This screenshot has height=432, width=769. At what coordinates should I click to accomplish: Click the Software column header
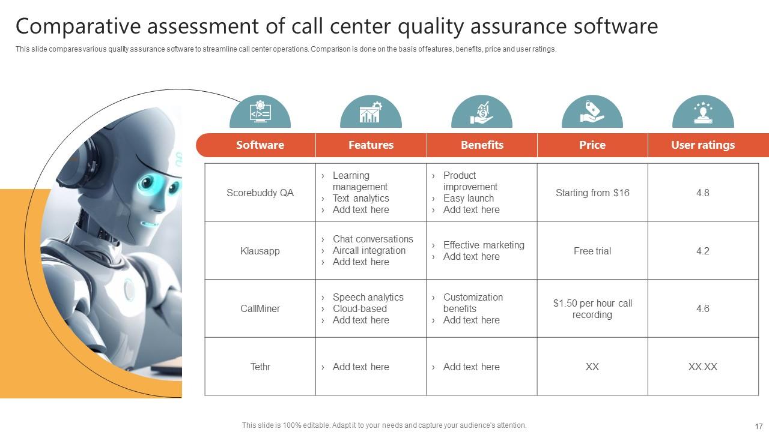(260, 145)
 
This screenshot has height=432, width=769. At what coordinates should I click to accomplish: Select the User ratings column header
(702, 145)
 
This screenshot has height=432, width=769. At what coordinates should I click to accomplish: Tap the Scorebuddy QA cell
(260, 193)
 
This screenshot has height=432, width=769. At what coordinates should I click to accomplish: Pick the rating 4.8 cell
(702, 193)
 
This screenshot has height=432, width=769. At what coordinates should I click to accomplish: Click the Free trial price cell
(592, 251)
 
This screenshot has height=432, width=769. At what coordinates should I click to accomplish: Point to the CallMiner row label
(260, 308)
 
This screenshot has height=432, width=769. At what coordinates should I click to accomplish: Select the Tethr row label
(260, 367)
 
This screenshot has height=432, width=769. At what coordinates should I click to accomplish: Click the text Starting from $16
(592, 193)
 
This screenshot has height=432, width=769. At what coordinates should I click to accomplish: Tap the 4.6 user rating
(702, 308)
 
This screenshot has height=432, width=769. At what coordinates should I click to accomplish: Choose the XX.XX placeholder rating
(702, 367)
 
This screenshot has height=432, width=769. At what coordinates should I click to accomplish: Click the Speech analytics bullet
(368, 297)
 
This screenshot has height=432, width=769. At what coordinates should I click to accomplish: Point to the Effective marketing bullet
(483, 245)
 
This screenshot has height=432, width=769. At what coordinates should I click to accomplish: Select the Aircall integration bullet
(369, 250)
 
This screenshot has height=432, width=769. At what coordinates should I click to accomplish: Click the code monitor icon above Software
(260, 112)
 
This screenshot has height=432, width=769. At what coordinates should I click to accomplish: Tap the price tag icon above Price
(592, 112)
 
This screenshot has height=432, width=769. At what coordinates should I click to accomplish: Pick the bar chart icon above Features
(371, 112)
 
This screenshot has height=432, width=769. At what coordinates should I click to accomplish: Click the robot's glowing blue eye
(148, 183)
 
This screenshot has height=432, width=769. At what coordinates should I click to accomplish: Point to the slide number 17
(758, 425)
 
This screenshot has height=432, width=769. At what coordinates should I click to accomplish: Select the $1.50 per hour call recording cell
(592, 308)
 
